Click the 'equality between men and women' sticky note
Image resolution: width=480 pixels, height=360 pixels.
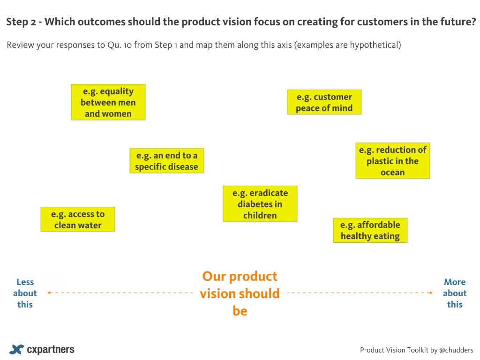click(x=108, y=102)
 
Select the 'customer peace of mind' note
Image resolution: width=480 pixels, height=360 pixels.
click(x=324, y=102)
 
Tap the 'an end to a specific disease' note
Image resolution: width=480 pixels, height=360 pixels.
click(x=167, y=161)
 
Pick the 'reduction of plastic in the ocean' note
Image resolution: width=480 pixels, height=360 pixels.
click(x=393, y=161)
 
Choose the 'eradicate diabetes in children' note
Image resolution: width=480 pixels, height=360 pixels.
click(x=260, y=204)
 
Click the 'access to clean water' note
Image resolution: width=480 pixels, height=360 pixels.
click(x=78, y=219)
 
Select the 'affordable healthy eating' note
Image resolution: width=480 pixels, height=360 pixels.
click(x=370, y=230)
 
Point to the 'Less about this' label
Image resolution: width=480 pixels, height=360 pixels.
click(x=25, y=293)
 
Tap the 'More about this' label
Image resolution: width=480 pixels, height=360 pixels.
click(x=455, y=293)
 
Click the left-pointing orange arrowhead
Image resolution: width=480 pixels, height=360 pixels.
click(x=49, y=293)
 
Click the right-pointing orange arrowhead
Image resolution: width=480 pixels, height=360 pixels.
click(x=431, y=293)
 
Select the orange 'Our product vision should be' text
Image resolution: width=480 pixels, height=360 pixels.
click(x=240, y=293)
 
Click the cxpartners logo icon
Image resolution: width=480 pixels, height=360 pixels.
click(x=16, y=349)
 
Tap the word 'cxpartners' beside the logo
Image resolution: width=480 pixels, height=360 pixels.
click(x=51, y=349)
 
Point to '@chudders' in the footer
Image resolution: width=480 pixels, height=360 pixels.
click(x=456, y=350)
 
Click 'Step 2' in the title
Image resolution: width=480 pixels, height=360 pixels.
click(x=21, y=22)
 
